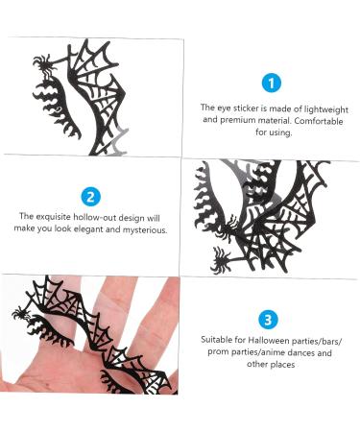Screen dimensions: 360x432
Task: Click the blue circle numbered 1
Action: [x=272, y=84]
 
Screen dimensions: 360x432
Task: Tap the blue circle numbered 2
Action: [x=90, y=196]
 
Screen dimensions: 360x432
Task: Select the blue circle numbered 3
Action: [x=268, y=320]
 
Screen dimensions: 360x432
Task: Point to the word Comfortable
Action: [x=319, y=121]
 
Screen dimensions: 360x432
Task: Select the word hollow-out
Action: [x=95, y=217]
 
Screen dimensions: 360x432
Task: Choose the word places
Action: [x=282, y=365]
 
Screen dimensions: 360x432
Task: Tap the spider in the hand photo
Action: [x=21, y=314]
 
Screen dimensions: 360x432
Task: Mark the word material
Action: [x=275, y=121]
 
